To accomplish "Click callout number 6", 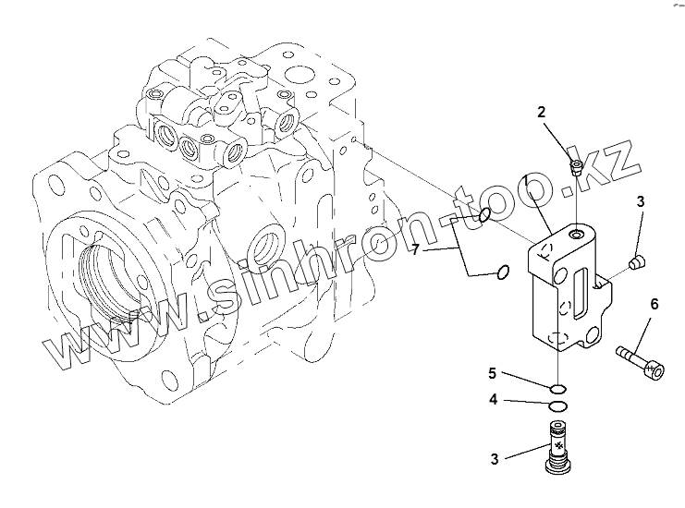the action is tap(654, 304).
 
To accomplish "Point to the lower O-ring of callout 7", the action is tap(500, 272).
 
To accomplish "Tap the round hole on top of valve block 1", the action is tap(578, 235).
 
